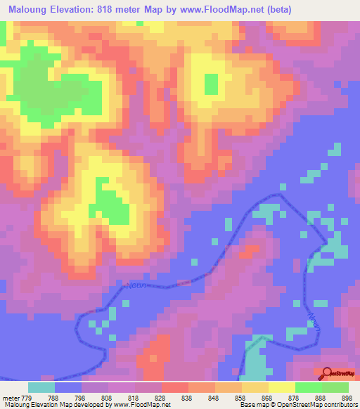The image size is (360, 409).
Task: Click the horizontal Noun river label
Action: tap(137, 285)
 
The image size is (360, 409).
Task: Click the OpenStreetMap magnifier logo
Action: tap(327, 373)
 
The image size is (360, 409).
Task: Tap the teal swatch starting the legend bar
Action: tap(41, 387)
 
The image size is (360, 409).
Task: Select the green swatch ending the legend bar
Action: tap(335, 387)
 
